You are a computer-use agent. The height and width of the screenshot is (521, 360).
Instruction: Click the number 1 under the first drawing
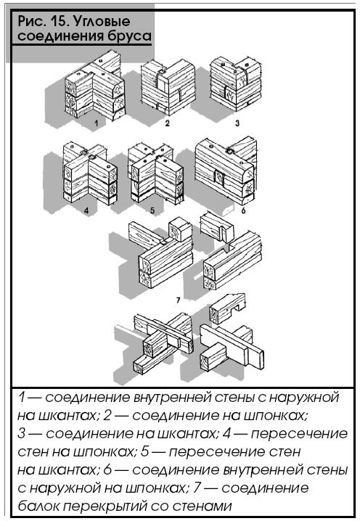[x=96, y=123]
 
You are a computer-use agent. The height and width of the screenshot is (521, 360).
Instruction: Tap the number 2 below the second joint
[x=167, y=123]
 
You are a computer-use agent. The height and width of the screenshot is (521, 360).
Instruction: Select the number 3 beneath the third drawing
[x=237, y=123]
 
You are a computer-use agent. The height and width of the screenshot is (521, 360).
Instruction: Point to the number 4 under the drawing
[x=86, y=210]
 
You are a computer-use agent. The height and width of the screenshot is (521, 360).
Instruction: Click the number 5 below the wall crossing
[x=152, y=210]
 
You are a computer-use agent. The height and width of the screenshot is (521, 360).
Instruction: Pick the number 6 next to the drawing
[x=243, y=210]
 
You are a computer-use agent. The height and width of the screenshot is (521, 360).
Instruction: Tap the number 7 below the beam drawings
[x=178, y=300]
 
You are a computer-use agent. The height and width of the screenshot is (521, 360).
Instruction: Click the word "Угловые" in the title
[x=102, y=22]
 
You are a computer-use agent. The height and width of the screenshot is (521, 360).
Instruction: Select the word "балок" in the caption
[x=38, y=506]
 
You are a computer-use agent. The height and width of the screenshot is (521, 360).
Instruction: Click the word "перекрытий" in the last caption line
[x=105, y=507]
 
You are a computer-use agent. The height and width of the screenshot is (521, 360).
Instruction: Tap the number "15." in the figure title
[x=60, y=21]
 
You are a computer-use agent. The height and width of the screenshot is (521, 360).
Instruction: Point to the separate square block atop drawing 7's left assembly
[x=180, y=229]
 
